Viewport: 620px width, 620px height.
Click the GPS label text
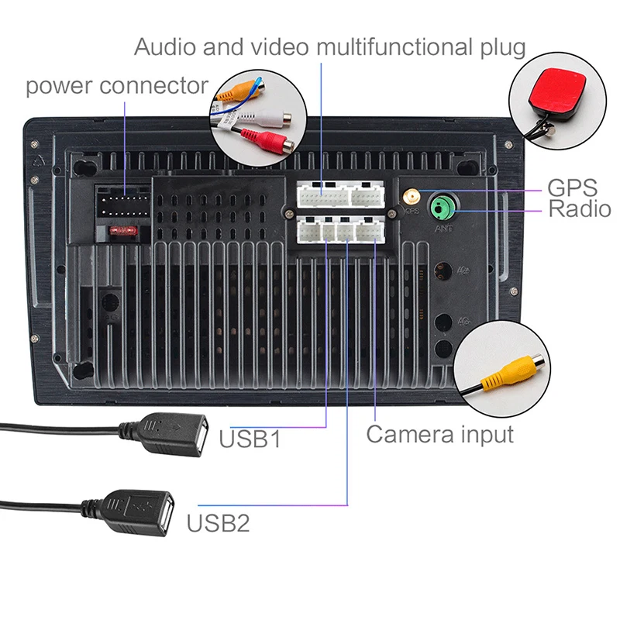pyautogui.click(x=572, y=188)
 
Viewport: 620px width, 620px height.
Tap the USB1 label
pyautogui.click(x=249, y=439)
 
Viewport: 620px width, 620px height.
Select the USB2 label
pyautogui.click(x=219, y=523)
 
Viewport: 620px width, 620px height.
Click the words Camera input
pyautogui.click(x=439, y=434)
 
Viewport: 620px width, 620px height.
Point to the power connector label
pyautogui.click(x=117, y=85)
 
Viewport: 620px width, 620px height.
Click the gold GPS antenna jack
pyautogui.click(x=408, y=195)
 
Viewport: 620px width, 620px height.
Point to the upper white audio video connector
pyautogui.click(x=342, y=195)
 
